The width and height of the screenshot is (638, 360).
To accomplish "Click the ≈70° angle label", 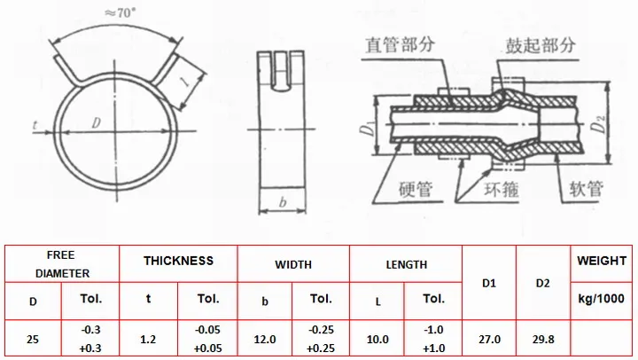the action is coord(120,13).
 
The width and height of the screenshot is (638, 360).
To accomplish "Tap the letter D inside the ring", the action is coord(97,122).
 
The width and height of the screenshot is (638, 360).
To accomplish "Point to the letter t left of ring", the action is coord(35,125).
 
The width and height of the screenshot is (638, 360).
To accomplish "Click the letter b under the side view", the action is coord(283,202).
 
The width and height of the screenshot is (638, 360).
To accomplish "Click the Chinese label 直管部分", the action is coord(400,44).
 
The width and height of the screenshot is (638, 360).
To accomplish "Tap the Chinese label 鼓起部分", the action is coord(541,45).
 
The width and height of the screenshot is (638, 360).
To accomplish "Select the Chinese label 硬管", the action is coord(416,190).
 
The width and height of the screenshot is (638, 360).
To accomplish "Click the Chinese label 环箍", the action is coord(502,190).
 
